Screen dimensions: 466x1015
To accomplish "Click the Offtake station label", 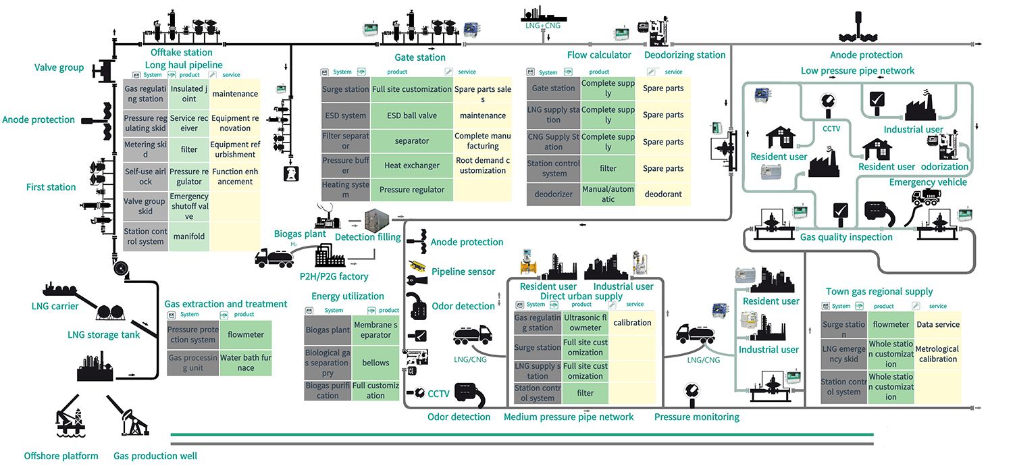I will [x=181, y=53].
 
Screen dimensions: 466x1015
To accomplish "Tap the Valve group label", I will [x=59, y=68].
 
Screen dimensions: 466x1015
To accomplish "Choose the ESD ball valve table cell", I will [x=411, y=115].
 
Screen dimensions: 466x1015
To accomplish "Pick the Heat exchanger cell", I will [x=411, y=165].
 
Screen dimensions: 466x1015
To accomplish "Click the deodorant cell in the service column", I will [x=662, y=195].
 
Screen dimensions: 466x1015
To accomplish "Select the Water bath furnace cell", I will [x=245, y=363].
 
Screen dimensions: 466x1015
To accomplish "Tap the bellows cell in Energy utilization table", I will [x=375, y=363].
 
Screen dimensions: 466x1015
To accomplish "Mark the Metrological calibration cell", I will [x=937, y=354].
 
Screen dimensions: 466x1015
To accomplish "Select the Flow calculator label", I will [x=599, y=55].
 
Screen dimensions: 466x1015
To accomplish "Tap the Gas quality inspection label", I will [x=846, y=237].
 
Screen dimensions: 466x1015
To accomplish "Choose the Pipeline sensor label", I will [x=463, y=271].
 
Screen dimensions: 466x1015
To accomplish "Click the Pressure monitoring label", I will [x=696, y=417].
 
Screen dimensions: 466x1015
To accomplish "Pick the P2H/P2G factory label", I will [x=334, y=276].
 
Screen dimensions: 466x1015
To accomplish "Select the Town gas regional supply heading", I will [x=879, y=292].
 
